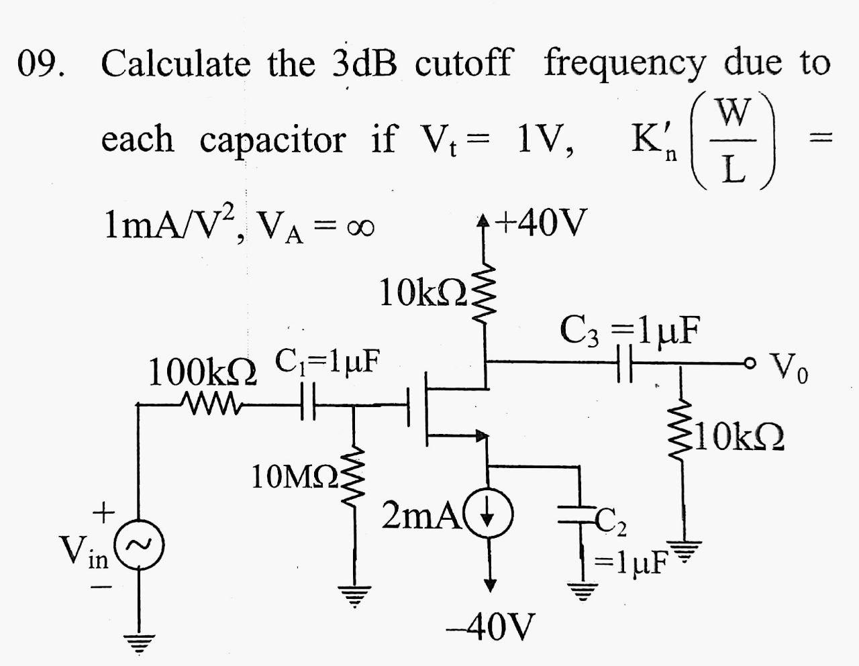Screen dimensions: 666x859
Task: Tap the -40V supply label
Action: (x=491, y=626)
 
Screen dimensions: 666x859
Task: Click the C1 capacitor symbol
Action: (x=308, y=404)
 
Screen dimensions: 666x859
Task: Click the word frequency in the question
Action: (x=624, y=64)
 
